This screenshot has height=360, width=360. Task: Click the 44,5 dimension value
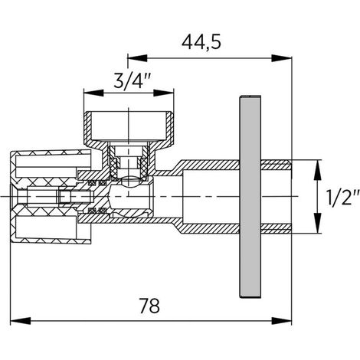(201, 42)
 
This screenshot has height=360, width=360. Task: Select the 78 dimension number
(149, 306)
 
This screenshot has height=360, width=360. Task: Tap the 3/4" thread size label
(131, 80)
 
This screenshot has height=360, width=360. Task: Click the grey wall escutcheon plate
(250, 197)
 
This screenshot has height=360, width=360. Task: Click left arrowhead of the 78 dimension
(20, 321)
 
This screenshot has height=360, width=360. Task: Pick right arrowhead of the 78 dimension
(281, 321)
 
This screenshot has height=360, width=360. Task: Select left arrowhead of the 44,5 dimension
(137, 58)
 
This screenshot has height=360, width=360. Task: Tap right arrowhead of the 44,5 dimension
(281, 58)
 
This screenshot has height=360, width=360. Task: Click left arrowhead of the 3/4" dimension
(93, 93)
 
